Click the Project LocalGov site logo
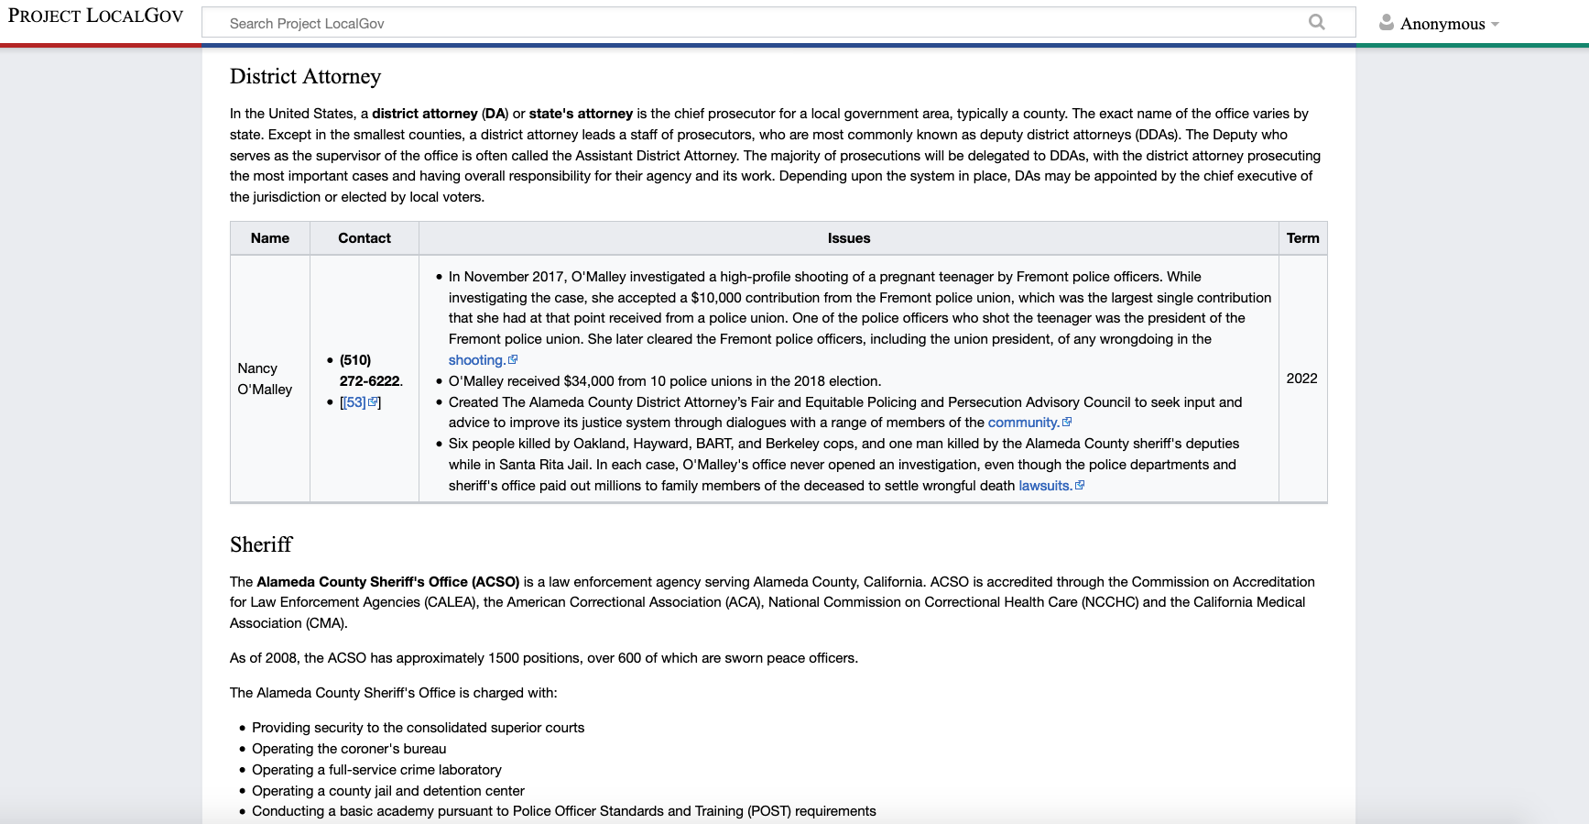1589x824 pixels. (x=95, y=16)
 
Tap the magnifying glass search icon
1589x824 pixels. (x=1316, y=22)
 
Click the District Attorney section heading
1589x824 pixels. (x=305, y=77)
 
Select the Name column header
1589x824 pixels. (x=269, y=238)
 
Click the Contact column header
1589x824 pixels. (x=364, y=238)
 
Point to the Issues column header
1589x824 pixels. (x=848, y=238)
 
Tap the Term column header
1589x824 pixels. (x=1302, y=238)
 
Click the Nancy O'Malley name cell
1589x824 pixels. (x=265, y=379)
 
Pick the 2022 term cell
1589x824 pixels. (x=1301, y=379)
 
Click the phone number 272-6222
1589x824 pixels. (x=370, y=381)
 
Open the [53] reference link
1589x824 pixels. (x=355, y=402)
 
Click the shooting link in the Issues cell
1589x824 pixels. (x=476, y=360)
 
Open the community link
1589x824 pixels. (x=1023, y=423)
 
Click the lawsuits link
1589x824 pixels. (x=1045, y=486)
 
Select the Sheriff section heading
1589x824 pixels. (x=261, y=545)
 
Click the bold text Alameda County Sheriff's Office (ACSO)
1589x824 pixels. (x=387, y=582)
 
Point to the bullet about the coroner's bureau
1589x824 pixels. (x=349, y=749)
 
